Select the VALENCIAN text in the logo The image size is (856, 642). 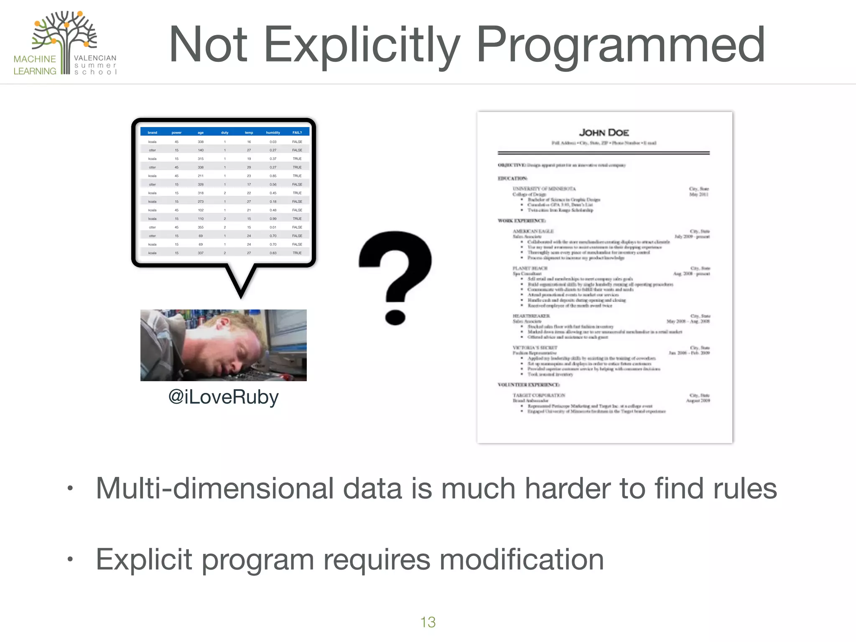pyautogui.click(x=95, y=58)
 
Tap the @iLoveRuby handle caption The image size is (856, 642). pyautogui.click(x=223, y=397)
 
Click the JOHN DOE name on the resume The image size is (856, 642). pyautogui.click(x=604, y=132)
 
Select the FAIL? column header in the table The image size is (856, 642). pyautogui.click(x=297, y=132)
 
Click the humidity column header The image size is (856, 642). pyautogui.click(x=273, y=132)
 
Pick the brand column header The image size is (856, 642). pyautogui.click(x=152, y=132)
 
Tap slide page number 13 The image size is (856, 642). pyautogui.click(x=428, y=622)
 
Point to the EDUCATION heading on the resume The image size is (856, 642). pyautogui.click(x=512, y=178)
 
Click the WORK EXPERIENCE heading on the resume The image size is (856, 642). pyautogui.click(x=522, y=221)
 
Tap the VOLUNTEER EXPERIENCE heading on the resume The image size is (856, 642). pyautogui.click(x=529, y=385)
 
